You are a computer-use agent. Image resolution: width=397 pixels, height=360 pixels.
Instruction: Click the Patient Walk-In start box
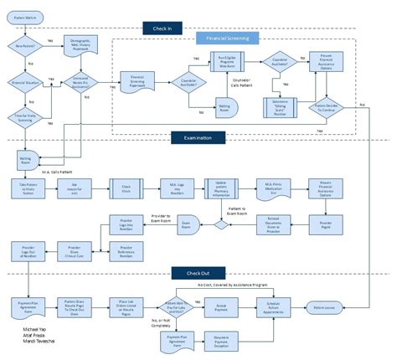[26, 15]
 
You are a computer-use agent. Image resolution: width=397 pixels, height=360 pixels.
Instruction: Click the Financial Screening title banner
[228, 39]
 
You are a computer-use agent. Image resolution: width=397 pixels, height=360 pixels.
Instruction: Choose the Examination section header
[186, 136]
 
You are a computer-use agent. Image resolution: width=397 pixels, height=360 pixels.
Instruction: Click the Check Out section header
[186, 272]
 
